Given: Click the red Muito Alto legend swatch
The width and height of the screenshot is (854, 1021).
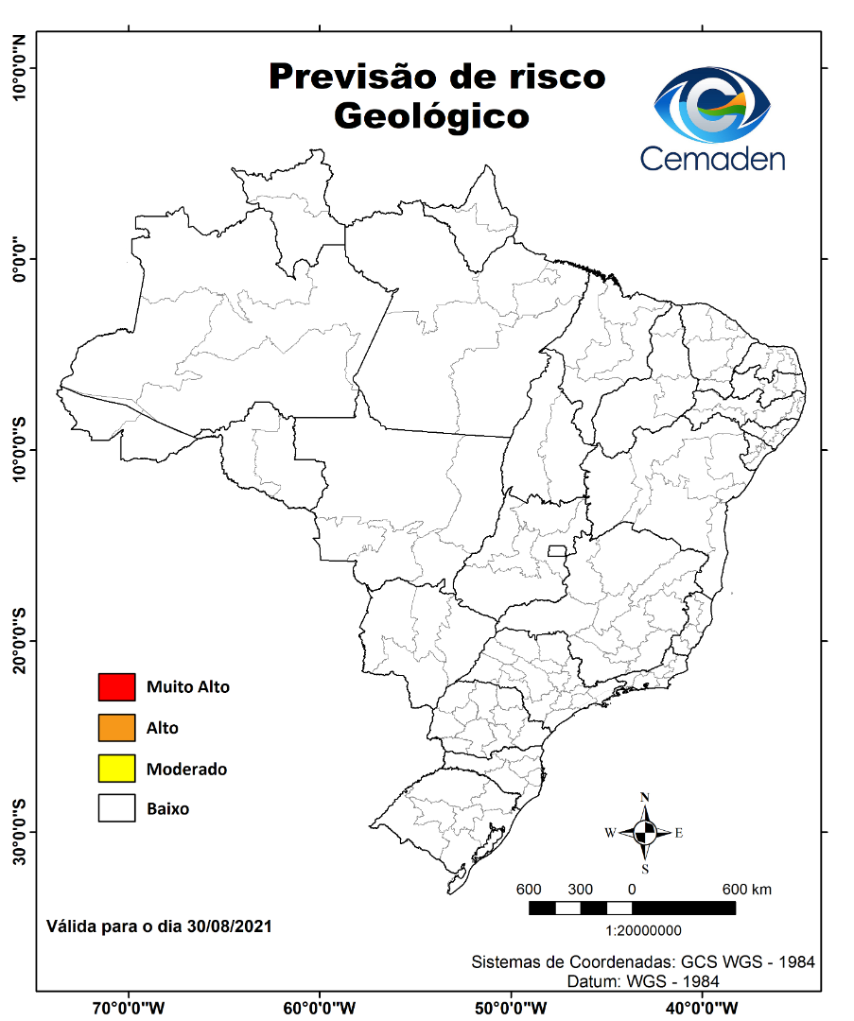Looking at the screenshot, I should click(116, 687).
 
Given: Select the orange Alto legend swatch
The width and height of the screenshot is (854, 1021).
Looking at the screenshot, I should click(116, 728).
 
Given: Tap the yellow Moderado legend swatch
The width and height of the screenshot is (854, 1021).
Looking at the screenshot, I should click(116, 769).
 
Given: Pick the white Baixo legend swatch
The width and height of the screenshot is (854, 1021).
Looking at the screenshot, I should click(116, 809).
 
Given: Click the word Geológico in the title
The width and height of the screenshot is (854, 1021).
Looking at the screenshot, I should click(430, 116).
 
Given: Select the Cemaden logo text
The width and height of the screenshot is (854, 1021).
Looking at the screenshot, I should click(712, 158).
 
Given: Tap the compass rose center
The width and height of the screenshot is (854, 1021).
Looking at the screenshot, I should click(645, 833).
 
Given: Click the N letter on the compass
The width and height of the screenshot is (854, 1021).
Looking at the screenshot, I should click(645, 797).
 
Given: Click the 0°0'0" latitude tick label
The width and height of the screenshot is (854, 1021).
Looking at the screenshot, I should click(18, 258).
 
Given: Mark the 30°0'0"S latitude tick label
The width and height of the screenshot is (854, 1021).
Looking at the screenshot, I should click(18, 831).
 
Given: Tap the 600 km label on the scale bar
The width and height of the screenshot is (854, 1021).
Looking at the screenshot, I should click(747, 890).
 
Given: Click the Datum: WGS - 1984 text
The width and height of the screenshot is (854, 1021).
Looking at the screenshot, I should click(643, 981).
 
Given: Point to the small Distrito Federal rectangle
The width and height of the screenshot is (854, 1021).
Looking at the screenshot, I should click(557, 550).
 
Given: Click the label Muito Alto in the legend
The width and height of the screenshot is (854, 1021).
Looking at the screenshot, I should click(187, 687).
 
